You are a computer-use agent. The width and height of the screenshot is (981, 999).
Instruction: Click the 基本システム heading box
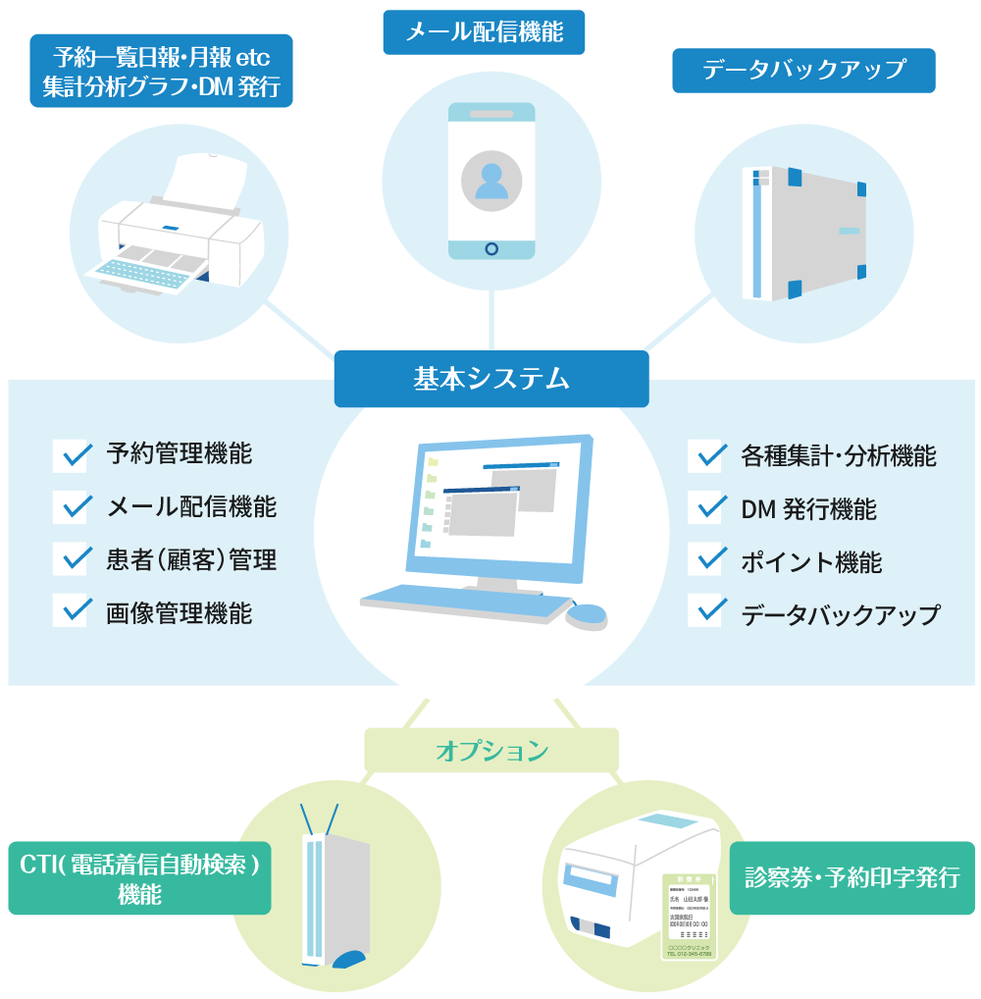(x=490, y=379)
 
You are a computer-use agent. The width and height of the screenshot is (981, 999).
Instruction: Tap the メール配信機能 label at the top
(x=484, y=32)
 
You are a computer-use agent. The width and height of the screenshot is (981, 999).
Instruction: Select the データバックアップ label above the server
(x=803, y=71)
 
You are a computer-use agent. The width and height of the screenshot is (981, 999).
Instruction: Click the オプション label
(x=490, y=752)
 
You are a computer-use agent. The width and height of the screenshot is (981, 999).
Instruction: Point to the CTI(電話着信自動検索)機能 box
(x=139, y=877)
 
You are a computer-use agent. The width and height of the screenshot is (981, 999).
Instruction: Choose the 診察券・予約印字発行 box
(x=852, y=877)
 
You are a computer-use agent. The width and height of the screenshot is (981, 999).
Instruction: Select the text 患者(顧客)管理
(x=191, y=560)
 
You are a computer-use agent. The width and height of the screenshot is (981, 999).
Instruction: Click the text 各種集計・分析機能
(x=838, y=456)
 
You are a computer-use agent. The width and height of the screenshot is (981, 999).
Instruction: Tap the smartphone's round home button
(x=491, y=248)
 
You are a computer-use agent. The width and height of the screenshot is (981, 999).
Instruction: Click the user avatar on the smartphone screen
(x=491, y=181)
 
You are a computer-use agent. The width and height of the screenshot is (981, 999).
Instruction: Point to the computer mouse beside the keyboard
(x=587, y=615)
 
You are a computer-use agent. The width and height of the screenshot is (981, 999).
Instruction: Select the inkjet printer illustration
(x=181, y=231)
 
